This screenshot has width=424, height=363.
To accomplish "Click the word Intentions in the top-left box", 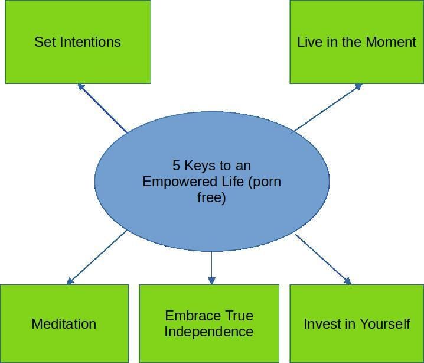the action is pos(90,42).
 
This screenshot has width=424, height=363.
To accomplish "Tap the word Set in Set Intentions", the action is pos(45,42).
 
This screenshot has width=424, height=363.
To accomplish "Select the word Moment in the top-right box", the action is pos(391,42).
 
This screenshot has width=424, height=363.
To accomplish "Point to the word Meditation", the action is pos(64,324).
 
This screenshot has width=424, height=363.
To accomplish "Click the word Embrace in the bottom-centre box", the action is pos(189,316).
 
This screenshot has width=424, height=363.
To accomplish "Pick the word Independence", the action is pos(209,332).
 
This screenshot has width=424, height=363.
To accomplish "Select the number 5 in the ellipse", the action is pos(176,165).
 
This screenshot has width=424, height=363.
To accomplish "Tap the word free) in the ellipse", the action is pos(211,197).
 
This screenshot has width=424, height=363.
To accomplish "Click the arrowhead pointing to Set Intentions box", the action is pos(81,87).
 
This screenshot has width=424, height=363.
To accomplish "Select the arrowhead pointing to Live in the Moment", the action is pos(358,86).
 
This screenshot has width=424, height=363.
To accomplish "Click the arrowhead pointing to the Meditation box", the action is pos(70,281).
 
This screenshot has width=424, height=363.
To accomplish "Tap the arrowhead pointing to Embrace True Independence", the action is pos(212,281).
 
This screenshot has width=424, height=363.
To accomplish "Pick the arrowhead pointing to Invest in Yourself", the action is pos(348,281).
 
